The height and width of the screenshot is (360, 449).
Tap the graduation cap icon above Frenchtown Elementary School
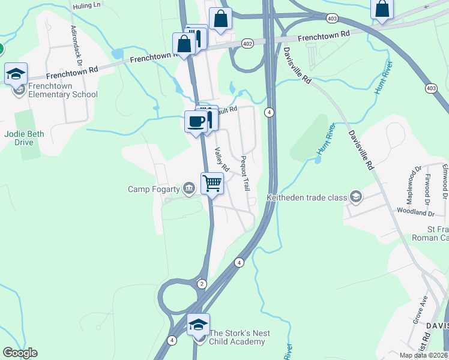click(x=16, y=74)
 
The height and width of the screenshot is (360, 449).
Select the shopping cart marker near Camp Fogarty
click(x=212, y=182)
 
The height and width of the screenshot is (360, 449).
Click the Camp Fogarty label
click(x=154, y=190)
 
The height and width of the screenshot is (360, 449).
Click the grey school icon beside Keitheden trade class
click(x=356, y=197)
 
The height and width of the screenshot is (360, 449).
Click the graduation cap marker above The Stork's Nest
click(x=198, y=325)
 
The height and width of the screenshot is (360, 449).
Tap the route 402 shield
click(x=247, y=44)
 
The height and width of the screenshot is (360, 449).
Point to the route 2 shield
click(x=202, y=283)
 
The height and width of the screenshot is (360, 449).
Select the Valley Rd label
click(x=222, y=159)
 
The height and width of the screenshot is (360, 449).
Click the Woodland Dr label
click(x=415, y=212)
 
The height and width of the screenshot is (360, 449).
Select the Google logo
click(x=20, y=353)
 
